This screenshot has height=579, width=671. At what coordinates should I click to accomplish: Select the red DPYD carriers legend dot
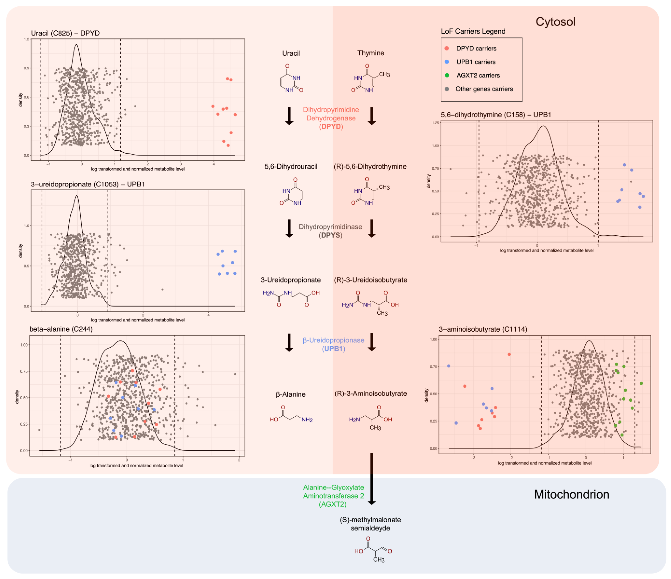click(447, 48)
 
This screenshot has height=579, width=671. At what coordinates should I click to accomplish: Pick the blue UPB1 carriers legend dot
click(447, 62)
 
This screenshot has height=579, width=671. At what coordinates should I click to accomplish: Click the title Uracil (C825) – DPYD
click(65, 33)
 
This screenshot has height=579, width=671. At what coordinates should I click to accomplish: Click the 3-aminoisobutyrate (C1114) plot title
click(483, 329)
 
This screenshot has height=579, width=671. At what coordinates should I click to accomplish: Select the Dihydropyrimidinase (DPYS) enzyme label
click(330, 231)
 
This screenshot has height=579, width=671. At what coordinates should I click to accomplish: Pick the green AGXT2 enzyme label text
click(333, 495)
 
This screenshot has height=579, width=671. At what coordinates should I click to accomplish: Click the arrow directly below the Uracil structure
click(289, 116)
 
